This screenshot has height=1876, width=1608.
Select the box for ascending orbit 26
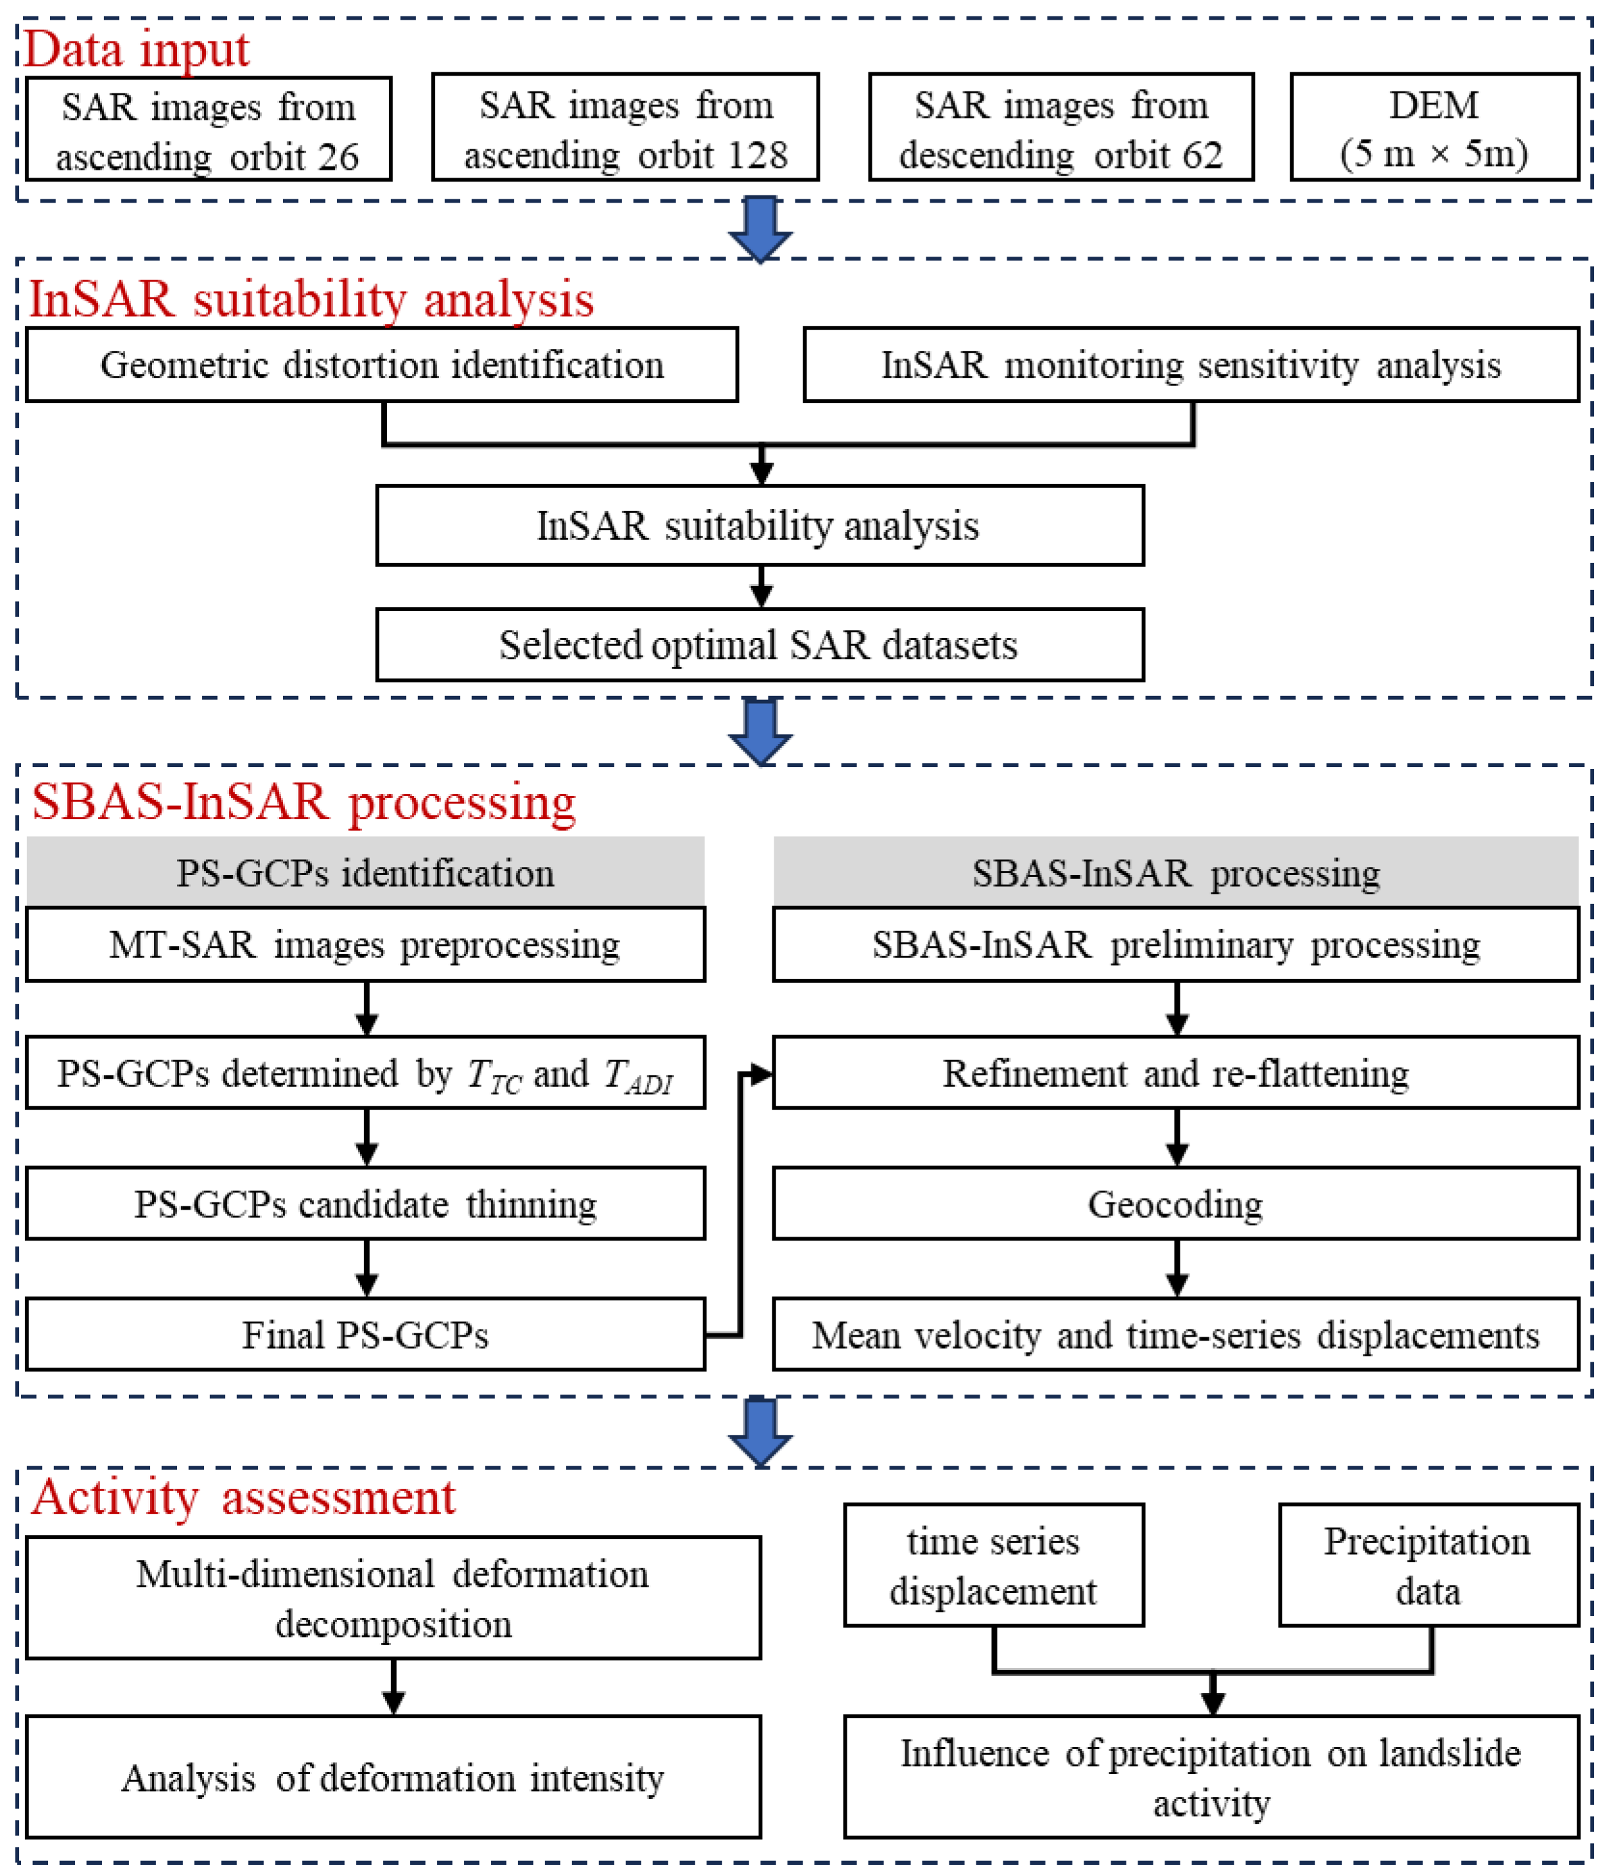pos(209,130)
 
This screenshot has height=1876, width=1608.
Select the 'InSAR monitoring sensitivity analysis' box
pos(1191,365)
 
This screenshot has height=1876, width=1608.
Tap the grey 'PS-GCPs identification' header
pos(365,872)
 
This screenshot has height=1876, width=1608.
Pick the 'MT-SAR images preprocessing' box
pos(365,945)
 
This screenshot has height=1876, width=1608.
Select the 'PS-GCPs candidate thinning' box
pos(365,1203)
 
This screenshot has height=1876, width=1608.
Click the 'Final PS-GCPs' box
pos(365,1335)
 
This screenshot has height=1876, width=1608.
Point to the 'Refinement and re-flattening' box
pos(1175,1073)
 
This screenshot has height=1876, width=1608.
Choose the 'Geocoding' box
pos(1175,1203)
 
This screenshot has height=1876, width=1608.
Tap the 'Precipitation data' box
pos(1428,1566)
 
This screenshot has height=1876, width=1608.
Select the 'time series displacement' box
pos(993,1566)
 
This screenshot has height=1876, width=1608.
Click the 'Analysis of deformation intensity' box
pos(393,1777)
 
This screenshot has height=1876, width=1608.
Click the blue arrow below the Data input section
pos(760,228)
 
